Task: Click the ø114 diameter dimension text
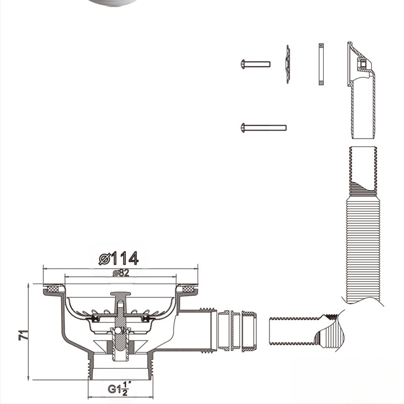pos(119,259)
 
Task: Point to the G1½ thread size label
pos(119,389)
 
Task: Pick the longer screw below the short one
pos(264,127)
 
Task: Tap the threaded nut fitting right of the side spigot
pos(237,331)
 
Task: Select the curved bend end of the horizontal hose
pos(331,333)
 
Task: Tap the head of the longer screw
pos(243,127)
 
